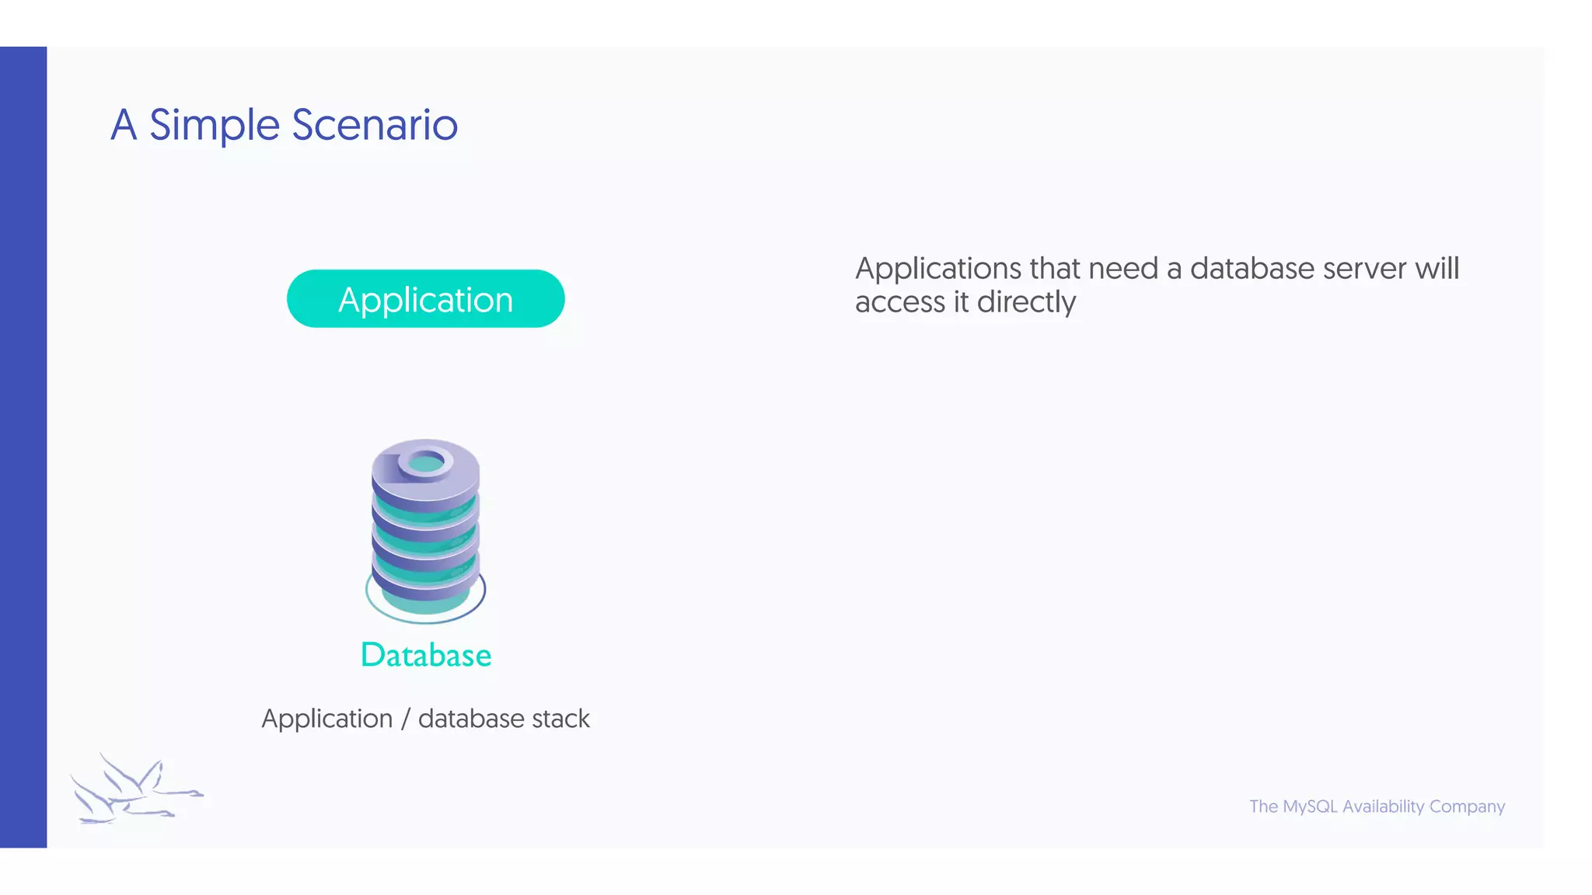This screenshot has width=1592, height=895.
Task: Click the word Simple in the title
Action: pyautogui.click(x=214, y=126)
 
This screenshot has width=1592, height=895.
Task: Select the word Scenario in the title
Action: pyautogui.click(x=375, y=125)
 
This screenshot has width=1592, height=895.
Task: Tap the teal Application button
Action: pyautogui.click(x=425, y=299)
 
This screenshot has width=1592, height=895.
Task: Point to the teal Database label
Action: pyautogui.click(x=426, y=655)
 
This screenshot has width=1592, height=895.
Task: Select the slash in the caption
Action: pyautogui.click(x=405, y=719)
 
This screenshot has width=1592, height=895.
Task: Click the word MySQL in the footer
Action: pyautogui.click(x=1310, y=806)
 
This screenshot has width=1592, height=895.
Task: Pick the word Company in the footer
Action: pyautogui.click(x=1467, y=806)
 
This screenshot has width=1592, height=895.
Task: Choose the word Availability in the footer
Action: pyautogui.click(x=1383, y=806)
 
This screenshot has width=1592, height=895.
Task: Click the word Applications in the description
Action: pyautogui.click(x=938, y=269)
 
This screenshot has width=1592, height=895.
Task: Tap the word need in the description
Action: pyautogui.click(x=1123, y=269)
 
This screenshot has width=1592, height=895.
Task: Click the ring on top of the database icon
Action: pyautogui.click(x=425, y=463)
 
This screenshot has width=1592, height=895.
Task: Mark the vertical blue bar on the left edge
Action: pyautogui.click(x=23, y=447)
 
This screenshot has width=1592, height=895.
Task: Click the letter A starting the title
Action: pyautogui.click(x=124, y=126)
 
